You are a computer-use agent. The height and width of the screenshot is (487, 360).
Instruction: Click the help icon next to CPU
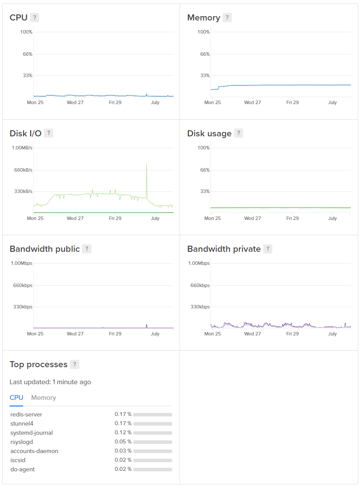[35, 17]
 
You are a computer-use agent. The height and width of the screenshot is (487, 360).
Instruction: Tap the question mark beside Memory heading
[227, 17]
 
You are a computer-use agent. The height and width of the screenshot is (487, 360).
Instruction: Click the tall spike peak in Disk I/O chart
[147, 164]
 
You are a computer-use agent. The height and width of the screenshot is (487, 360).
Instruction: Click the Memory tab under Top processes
[44, 398]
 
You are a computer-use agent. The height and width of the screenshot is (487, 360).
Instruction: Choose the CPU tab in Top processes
[16, 398]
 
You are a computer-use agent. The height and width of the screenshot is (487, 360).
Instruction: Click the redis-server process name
[26, 414]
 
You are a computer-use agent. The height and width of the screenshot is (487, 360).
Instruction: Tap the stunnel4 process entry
[22, 423]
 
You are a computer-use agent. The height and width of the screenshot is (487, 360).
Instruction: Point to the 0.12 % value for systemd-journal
[123, 433]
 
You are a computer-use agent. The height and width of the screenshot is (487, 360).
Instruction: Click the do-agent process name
[22, 469]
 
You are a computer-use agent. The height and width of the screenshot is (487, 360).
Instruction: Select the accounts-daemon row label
[34, 451]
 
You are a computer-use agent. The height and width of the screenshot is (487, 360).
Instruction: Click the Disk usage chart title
[209, 133]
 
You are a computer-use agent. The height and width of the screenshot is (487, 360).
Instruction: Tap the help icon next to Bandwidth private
[268, 249]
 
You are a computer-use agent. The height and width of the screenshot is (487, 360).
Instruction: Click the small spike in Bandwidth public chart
[146, 325]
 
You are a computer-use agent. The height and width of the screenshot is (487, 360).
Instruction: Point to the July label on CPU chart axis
[155, 103]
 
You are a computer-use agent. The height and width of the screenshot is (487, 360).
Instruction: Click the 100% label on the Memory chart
[204, 32]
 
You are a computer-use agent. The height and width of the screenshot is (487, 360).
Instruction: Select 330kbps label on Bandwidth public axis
[23, 307]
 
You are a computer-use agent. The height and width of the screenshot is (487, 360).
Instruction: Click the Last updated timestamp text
[50, 382]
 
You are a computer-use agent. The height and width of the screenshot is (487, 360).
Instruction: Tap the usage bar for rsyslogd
[153, 442]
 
